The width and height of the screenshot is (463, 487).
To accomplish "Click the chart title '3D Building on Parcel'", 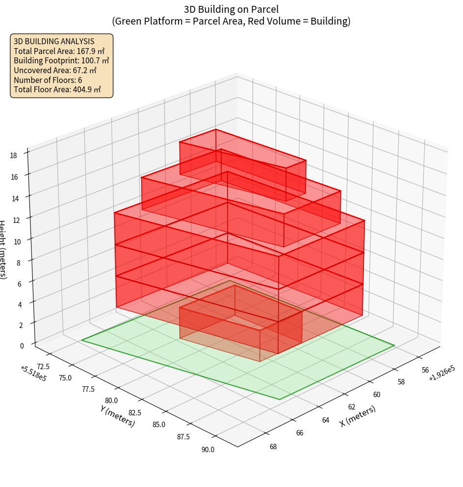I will (231, 9).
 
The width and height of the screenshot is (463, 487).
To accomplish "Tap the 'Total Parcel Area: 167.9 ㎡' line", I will (59, 51).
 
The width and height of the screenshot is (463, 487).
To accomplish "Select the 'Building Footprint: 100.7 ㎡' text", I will (61, 61).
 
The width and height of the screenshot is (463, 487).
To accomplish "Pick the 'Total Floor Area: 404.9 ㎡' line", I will (57, 89).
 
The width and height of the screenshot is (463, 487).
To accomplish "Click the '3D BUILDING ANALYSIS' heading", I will (54, 41).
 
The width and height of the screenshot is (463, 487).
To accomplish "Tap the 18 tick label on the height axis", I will (13, 156).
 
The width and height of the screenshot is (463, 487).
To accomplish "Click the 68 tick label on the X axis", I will (273, 446).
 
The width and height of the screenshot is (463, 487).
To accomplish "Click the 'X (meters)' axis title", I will (358, 416).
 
